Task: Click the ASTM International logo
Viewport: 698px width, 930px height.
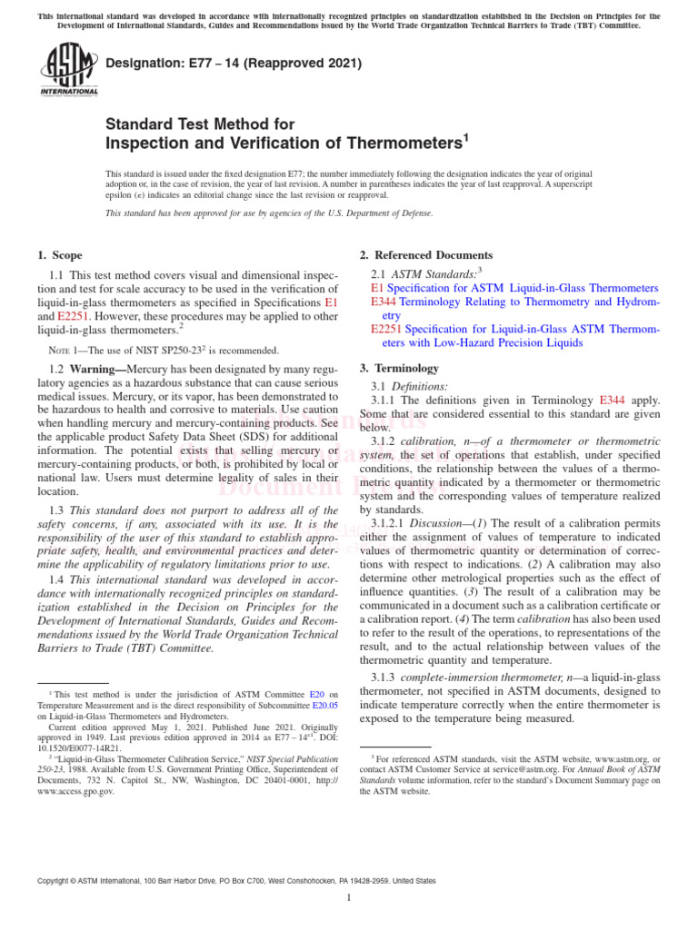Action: pos(68,70)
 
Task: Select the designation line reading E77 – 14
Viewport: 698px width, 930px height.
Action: pos(234,64)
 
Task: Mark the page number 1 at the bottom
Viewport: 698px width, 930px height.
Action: pos(349,898)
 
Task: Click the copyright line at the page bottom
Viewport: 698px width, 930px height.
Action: pos(235,881)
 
